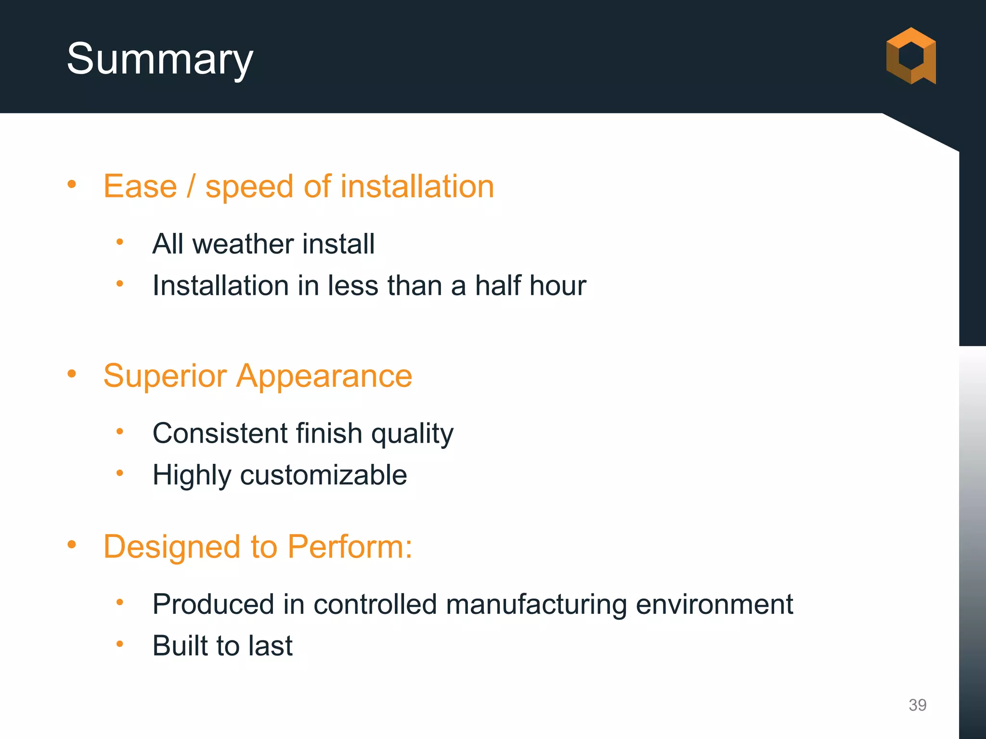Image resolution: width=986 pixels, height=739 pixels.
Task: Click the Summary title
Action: [159, 59]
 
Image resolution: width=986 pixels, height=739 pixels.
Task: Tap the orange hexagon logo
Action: [911, 56]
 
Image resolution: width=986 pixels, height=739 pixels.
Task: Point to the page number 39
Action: [917, 705]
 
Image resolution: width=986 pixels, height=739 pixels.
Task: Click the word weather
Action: [243, 243]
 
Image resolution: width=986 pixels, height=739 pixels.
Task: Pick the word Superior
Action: [165, 376]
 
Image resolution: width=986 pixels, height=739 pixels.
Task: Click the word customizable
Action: [323, 475]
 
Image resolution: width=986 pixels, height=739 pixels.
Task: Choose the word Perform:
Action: [350, 547]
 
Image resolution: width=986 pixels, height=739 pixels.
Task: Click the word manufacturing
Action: [536, 604]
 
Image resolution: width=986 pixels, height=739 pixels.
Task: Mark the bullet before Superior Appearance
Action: [72, 374]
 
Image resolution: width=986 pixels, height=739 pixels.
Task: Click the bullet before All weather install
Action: [120, 242]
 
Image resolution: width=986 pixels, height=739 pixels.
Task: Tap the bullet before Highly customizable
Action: [120, 473]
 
